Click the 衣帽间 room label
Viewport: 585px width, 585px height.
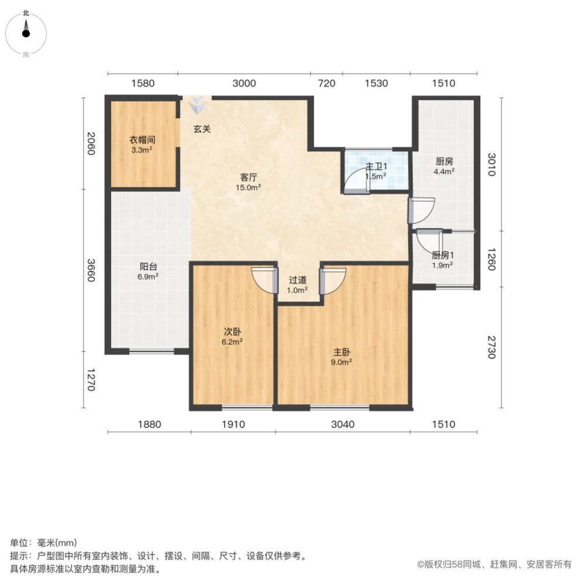tap(142, 140)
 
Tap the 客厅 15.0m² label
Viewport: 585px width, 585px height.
tap(248, 182)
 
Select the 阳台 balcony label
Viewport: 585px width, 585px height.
tap(148, 266)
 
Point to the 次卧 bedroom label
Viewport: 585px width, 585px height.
tap(232, 331)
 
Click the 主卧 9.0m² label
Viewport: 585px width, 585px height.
tap(342, 357)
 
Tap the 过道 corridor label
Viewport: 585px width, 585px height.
tap(297, 280)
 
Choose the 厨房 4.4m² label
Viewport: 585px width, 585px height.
tap(444, 166)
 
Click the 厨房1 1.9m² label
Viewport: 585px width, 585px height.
tap(442, 260)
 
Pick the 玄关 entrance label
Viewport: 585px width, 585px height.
tap(202, 129)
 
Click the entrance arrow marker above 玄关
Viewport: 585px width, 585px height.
tap(197, 105)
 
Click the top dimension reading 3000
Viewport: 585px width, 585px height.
tap(244, 83)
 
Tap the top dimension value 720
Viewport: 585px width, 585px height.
tap(326, 83)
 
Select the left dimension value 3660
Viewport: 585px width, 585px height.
tap(91, 270)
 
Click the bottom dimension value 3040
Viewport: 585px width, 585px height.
tap(342, 424)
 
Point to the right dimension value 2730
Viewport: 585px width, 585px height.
tap(492, 347)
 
